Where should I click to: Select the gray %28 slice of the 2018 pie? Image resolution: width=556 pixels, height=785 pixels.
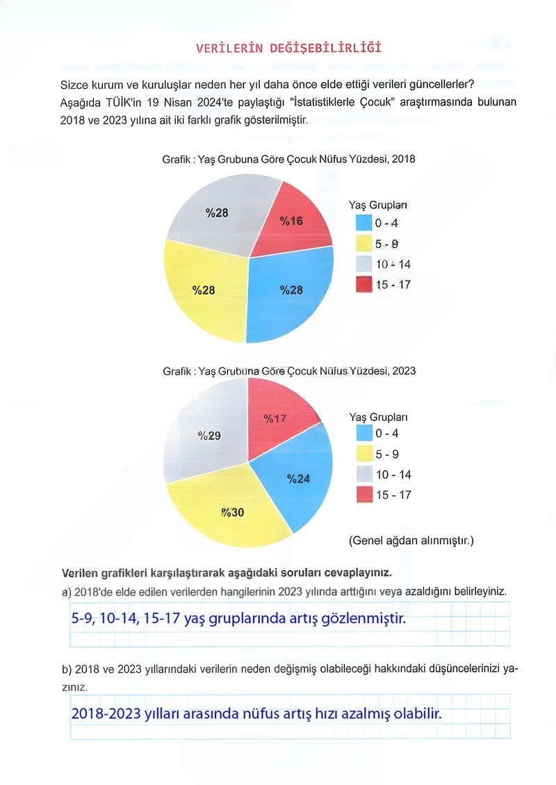pyautogui.click(x=218, y=211)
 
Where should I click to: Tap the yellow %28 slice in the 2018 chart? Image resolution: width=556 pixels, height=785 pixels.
pyautogui.click(x=204, y=290)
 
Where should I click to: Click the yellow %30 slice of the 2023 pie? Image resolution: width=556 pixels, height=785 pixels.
pyautogui.click(x=233, y=513)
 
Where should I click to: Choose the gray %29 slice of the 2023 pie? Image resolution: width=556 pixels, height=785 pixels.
pyautogui.click(x=208, y=436)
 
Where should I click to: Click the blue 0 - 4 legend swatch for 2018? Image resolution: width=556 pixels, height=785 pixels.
pyautogui.click(x=364, y=224)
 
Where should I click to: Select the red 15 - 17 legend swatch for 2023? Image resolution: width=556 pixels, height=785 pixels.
pyautogui.click(x=364, y=495)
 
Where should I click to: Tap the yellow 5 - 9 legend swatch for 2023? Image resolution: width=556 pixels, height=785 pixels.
pyautogui.click(x=364, y=454)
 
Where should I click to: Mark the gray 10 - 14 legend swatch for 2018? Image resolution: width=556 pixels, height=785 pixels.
pyautogui.click(x=364, y=264)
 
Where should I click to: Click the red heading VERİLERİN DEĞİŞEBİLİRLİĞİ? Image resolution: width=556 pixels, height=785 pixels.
pyautogui.click(x=288, y=48)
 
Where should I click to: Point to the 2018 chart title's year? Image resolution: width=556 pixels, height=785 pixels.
pyautogui.click(x=403, y=159)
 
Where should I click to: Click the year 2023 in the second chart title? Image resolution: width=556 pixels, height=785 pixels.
pyautogui.click(x=404, y=371)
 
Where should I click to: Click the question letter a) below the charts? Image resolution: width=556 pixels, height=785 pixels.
pyautogui.click(x=67, y=591)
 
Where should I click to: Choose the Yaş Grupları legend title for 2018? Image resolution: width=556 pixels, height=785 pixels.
pyautogui.click(x=378, y=205)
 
